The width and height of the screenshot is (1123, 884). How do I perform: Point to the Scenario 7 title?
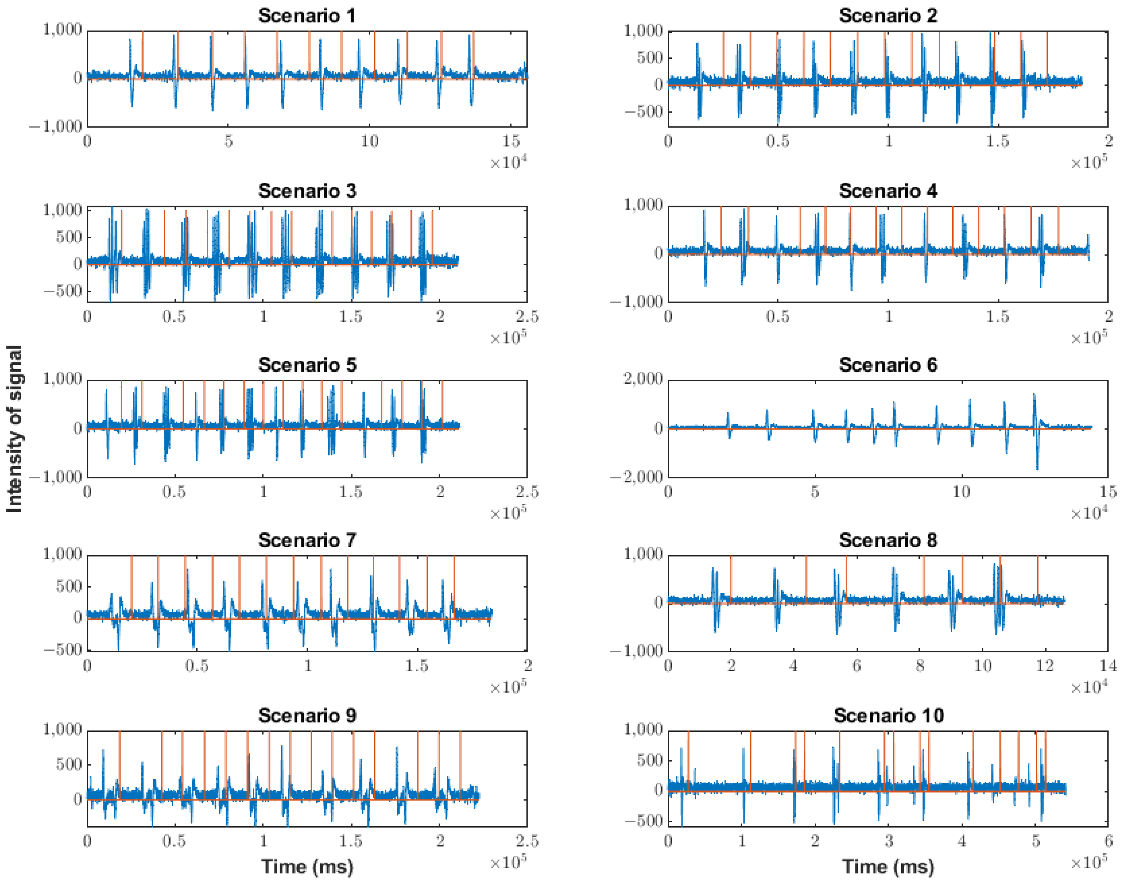point(307,540)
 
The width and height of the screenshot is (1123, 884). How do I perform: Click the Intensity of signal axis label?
point(14,429)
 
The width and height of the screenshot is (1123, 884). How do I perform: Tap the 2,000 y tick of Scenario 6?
point(642,379)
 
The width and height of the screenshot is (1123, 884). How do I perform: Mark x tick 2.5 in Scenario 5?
point(527,491)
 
